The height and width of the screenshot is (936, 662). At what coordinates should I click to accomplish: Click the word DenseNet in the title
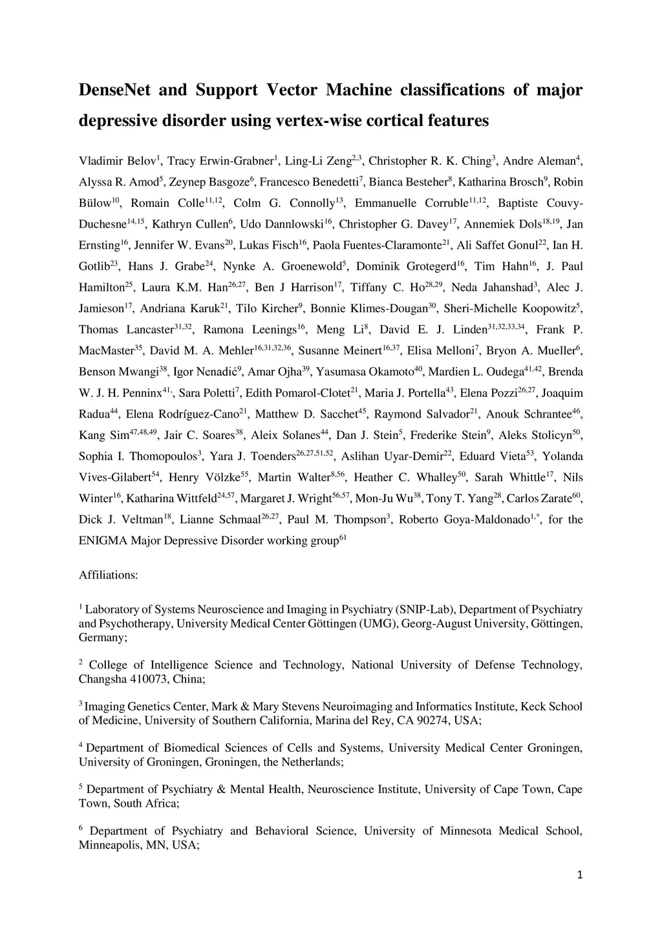pos(114,90)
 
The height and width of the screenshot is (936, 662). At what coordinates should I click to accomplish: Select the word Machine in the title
pos(359,90)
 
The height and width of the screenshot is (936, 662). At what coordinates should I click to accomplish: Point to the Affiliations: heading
pos(108,575)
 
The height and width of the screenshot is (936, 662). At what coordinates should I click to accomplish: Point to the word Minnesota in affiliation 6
pos(466,831)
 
